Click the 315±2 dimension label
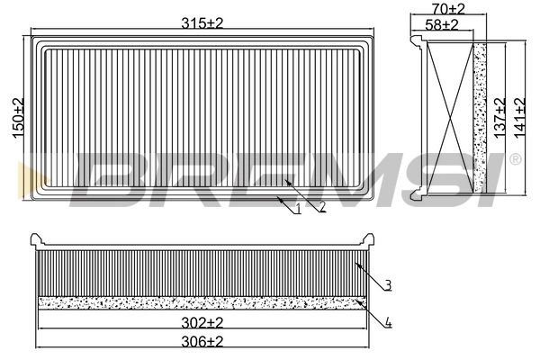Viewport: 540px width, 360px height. coord(202,23)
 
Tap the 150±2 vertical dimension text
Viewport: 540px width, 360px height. coord(18,118)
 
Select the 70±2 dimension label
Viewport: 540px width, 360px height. coord(448,9)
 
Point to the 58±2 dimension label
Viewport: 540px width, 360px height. coord(442,25)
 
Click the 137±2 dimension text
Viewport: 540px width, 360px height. coord(499,118)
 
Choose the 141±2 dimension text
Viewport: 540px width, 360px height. coord(519,118)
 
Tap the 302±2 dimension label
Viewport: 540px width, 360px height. coord(202,323)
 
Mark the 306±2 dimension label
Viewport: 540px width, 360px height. coord(202,341)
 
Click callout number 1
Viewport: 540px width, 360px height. coord(298,209)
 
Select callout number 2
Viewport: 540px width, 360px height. coord(322,206)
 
